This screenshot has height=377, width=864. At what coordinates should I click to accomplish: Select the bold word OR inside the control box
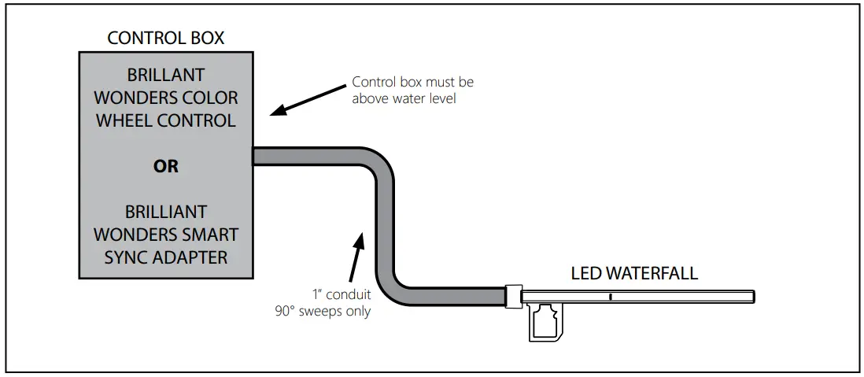167,167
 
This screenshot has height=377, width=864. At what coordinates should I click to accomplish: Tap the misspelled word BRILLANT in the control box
166,76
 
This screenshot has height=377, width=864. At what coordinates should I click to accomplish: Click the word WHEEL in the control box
127,121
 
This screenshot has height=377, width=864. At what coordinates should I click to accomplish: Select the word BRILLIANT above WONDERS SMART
166,213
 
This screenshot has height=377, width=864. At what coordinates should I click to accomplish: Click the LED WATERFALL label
633,274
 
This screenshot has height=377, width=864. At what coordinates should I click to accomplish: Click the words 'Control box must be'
412,82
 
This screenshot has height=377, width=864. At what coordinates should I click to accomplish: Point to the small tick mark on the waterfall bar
610,297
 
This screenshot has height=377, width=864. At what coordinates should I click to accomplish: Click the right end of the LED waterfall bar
751,297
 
